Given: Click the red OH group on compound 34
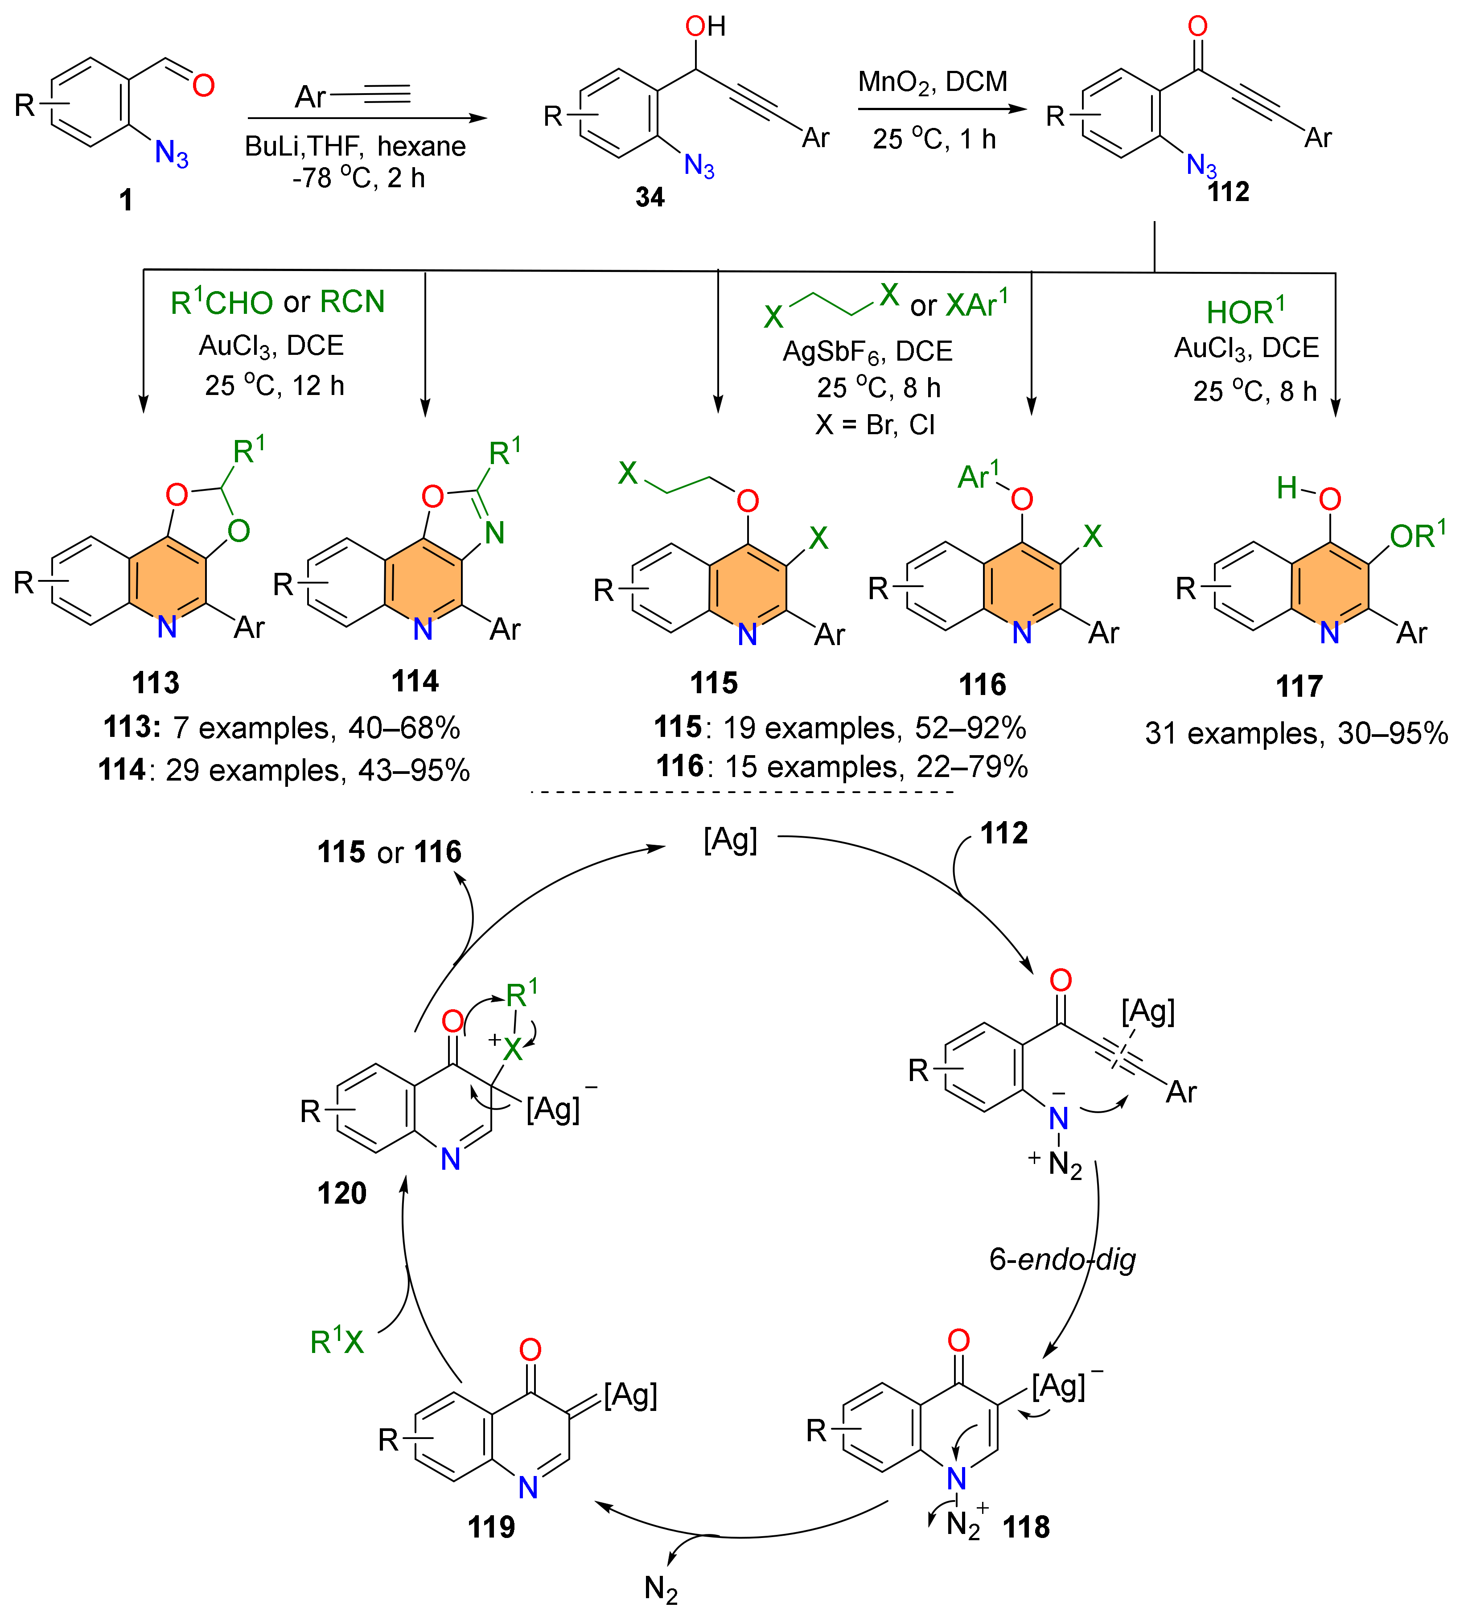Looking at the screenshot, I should [705, 26].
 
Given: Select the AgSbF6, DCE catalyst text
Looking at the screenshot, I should [867, 351].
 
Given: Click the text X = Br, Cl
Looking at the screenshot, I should [875, 424].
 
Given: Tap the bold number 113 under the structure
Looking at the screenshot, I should [155, 683].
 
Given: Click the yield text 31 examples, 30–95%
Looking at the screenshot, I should [1296, 733].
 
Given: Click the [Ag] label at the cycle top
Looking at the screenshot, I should [730, 840].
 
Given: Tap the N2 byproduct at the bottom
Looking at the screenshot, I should [661, 1589].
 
